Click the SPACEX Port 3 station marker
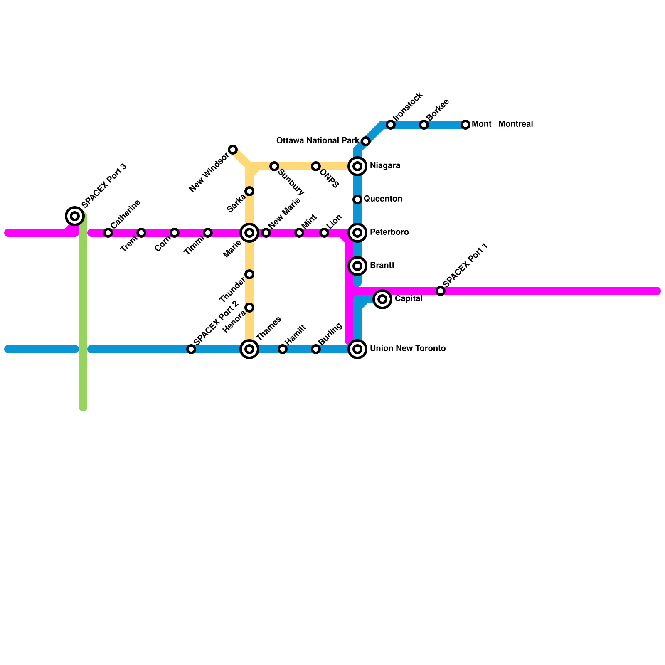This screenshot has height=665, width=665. point(75,216)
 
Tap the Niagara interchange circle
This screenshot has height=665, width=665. point(357,166)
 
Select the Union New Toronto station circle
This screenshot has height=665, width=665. point(357,349)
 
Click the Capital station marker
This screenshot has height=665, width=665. point(382,299)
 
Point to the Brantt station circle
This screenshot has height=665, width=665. point(357,266)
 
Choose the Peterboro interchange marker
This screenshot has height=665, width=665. point(357,232)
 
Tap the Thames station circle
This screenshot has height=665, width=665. point(249,349)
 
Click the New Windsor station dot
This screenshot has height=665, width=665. point(233,150)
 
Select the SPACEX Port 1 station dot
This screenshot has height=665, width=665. point(441,291)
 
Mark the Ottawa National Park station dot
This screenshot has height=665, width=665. point(366,141)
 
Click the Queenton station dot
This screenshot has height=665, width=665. point(357,199)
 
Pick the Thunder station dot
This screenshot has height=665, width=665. point(249,274)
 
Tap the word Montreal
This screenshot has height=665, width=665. point(515,124)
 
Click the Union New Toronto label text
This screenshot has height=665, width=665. point(407,349)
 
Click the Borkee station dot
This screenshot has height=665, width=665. point(424,125)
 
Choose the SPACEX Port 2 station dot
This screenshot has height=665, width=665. point(191,349)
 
